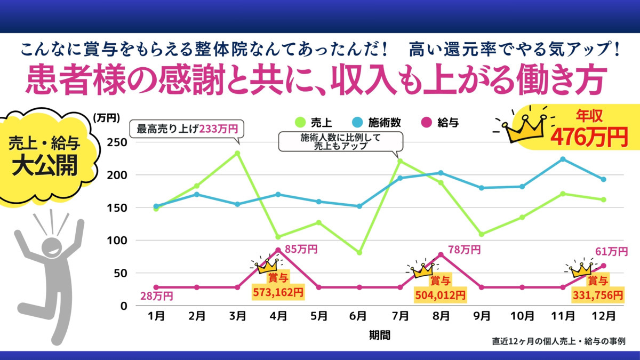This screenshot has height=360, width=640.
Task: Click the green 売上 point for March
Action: pos(237,153)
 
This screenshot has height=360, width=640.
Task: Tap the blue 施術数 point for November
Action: pos(563,159)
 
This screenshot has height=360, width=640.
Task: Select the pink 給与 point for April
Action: pos(278,250)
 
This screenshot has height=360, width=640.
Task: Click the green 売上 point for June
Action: pos(359,253)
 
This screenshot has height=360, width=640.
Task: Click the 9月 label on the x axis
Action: pos(482,316)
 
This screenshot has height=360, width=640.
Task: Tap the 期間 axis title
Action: pos(379,335)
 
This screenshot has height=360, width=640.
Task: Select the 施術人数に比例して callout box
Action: pos(341,141)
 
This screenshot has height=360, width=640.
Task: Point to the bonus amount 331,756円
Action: pos(597,294)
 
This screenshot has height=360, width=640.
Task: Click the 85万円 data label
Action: pos(301,249)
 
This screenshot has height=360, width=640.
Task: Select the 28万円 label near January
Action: pos(156,296)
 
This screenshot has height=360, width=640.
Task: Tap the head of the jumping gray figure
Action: pos(50,246)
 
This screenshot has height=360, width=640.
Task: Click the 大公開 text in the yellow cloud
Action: pos(45,166)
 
